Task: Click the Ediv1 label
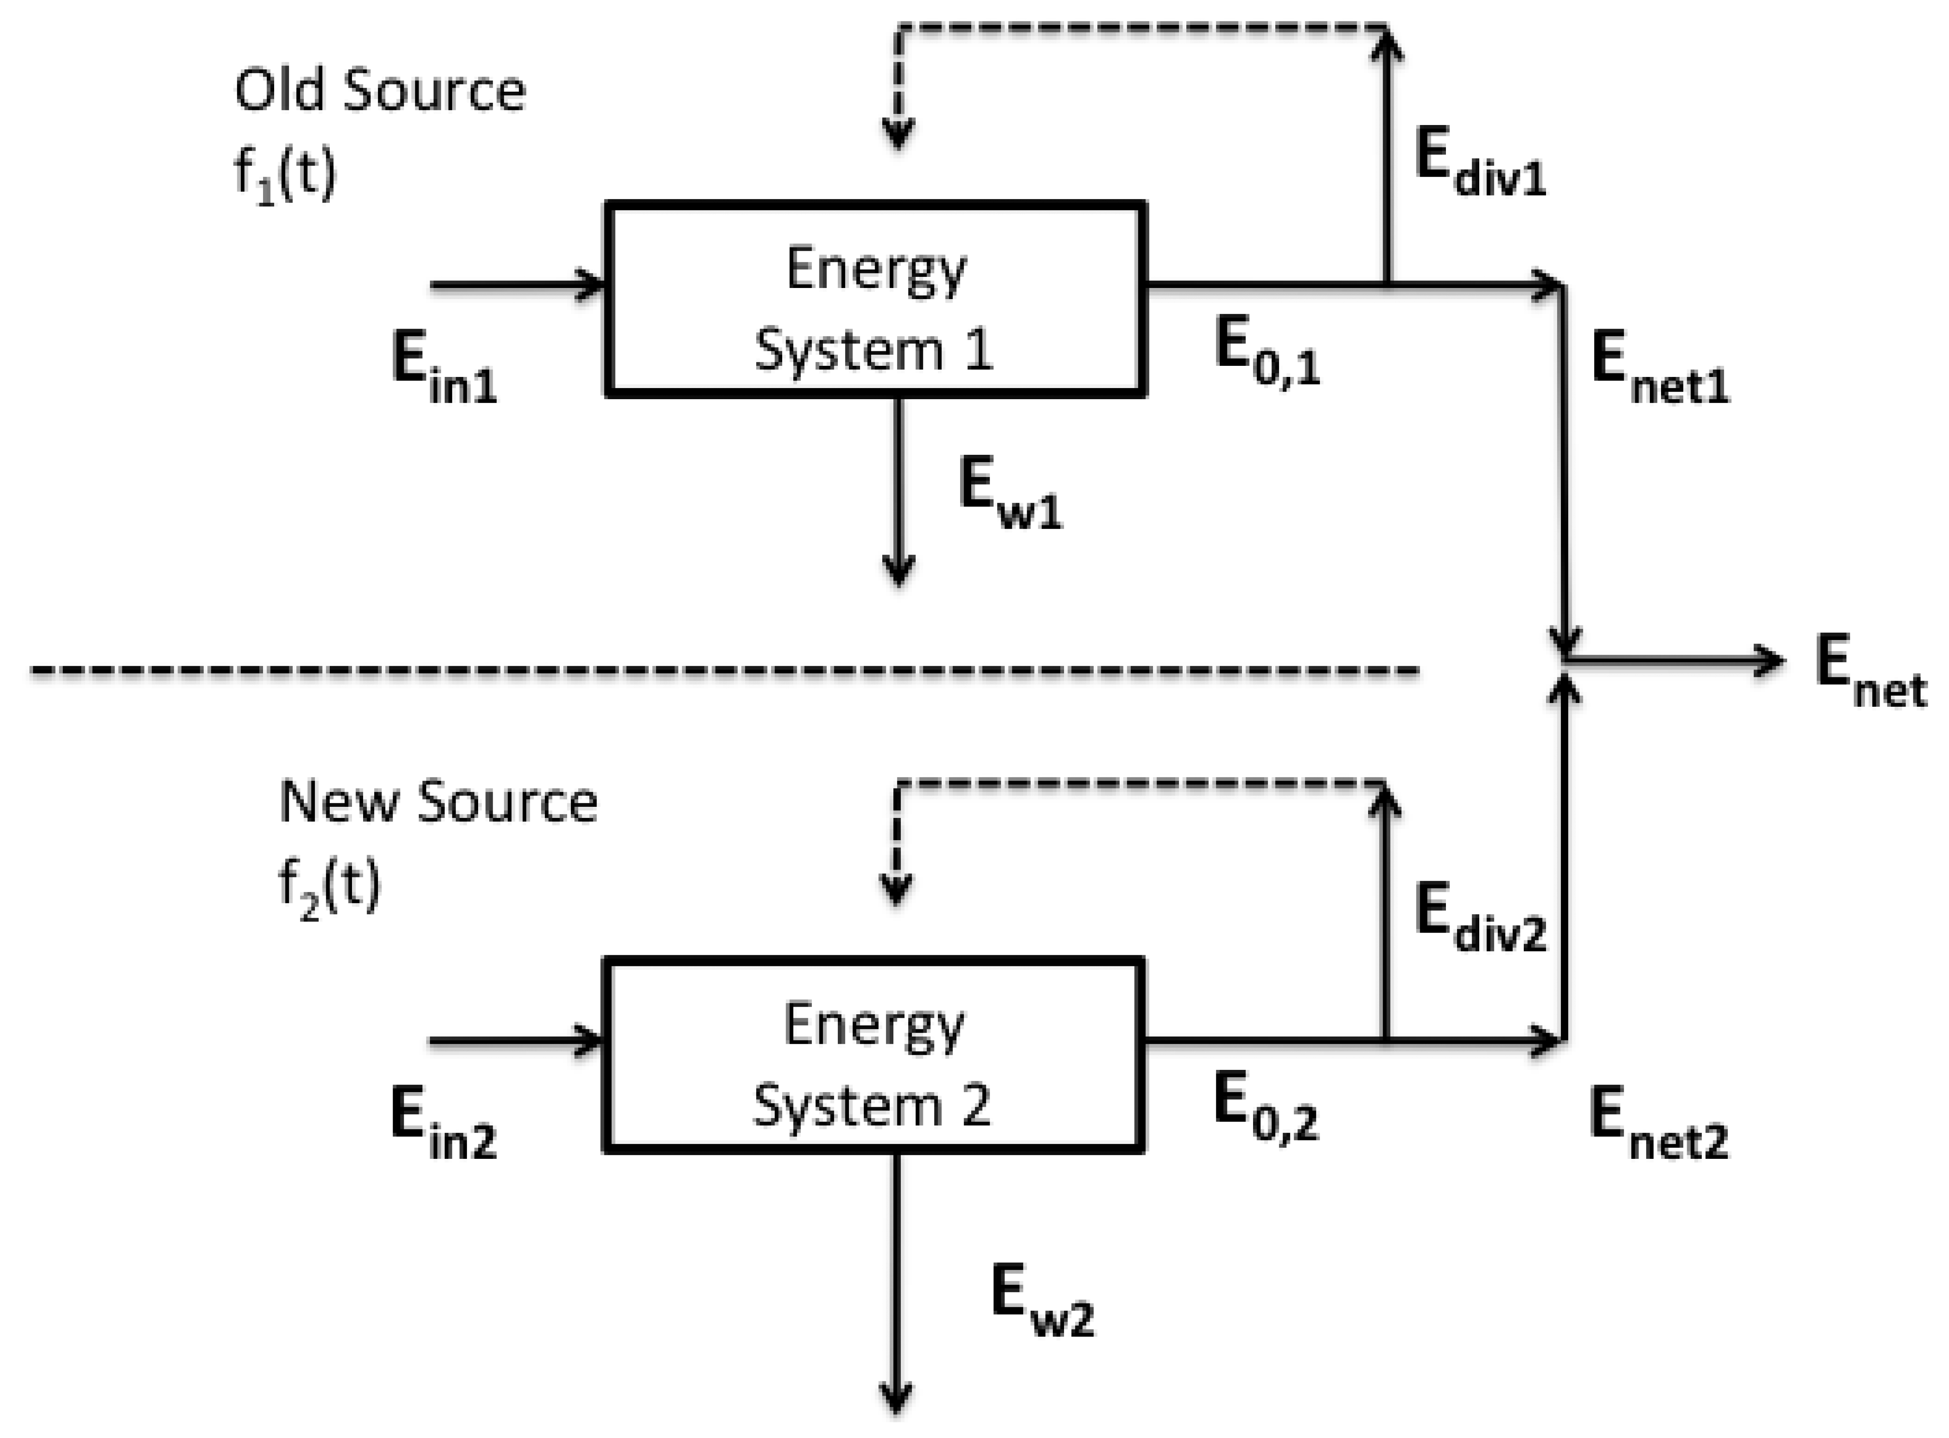pos(1480,165)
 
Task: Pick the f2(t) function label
pos(329,886)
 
